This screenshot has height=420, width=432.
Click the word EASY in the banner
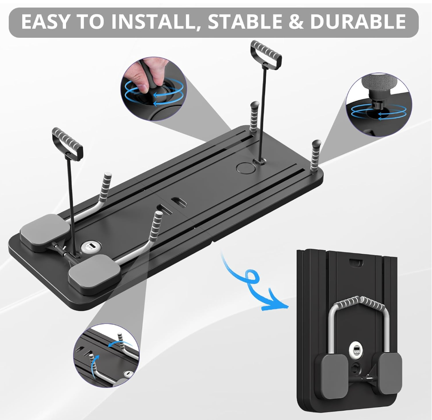pos(45,21)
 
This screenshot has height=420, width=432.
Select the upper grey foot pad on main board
pos(46,231)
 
